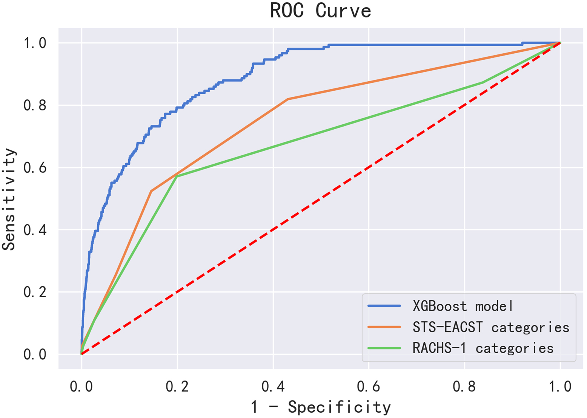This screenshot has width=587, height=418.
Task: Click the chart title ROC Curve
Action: pos(321,11)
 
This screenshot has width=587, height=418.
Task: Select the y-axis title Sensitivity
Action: pos(9,199)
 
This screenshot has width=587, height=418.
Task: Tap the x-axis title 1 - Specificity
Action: pos(321,407)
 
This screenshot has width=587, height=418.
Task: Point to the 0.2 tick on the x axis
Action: pos(177,386)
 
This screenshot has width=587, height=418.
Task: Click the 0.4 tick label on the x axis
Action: pos(273,386)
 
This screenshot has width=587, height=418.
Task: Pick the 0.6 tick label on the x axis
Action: pos(369,386)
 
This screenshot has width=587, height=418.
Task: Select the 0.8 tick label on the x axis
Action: pos(465,386)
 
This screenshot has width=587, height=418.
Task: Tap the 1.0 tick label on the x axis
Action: pos(560,386)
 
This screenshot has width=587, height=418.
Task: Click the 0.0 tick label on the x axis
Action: pos(81,386)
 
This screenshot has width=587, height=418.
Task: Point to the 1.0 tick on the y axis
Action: pos(35,43)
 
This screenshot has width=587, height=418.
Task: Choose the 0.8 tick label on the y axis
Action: pos(35,105)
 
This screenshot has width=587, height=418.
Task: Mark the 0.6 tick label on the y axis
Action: pos(35,167)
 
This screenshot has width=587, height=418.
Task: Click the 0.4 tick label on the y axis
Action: pos(35,230)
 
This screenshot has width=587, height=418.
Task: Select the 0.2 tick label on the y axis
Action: pos(35,292)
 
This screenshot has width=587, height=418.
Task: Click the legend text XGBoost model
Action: pos(463,306)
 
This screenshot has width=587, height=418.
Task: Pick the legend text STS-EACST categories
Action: pos(491,327)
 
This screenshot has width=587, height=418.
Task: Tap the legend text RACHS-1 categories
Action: pos(483,348)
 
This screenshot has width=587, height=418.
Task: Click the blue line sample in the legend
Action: pos(384,306)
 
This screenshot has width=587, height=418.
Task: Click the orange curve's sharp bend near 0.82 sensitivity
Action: pos(288,99)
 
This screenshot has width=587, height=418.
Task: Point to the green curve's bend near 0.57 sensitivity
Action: pos(177,176)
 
